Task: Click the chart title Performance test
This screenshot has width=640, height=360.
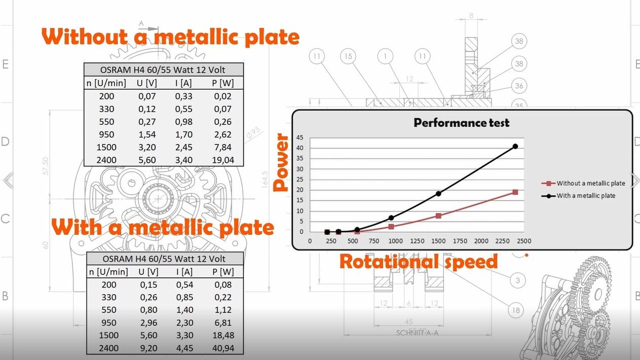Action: (461, 123)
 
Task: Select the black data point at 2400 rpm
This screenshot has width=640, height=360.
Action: (515, 147)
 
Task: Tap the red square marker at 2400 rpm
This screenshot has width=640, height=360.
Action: (515, 192)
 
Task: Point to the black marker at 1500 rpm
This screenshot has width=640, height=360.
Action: (438, 194)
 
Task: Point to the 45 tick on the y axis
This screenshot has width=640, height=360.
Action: (300, 137)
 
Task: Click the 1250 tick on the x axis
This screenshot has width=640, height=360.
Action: (417, 241)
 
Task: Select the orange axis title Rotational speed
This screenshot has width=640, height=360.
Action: (418, 262)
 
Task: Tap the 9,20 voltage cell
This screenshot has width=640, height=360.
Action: (148, 348)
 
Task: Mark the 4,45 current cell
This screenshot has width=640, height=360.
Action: (184, 348)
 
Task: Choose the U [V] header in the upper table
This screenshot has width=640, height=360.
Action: (147, 83)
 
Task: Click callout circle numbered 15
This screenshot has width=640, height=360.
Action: (347, 56)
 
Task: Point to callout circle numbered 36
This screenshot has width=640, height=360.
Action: (519, 86)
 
